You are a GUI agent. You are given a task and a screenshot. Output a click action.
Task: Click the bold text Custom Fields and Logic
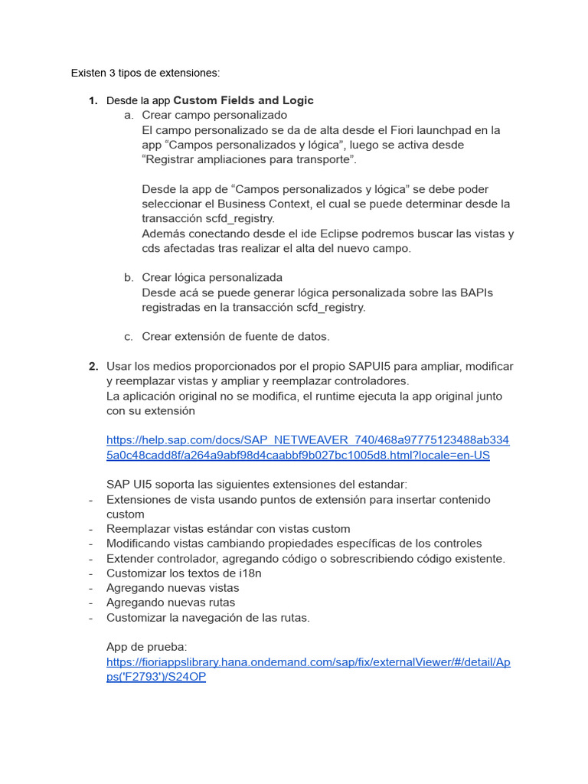click(x=243, y=100)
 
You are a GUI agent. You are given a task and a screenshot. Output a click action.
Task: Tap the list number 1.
click(x=93, y=101)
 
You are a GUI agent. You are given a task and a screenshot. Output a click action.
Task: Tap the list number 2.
click(x=93, y=367)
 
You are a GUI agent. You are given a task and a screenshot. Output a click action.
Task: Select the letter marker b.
click(x=128, y=278)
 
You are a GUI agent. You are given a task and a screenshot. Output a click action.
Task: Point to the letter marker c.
click(x=128, y=337)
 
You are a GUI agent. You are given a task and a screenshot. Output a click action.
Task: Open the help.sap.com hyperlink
click(x=307, y=448)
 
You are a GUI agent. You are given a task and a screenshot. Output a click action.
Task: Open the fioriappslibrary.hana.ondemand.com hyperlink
click(x=308, y=669)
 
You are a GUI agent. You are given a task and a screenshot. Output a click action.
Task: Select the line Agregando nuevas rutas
click(x=171, y=603)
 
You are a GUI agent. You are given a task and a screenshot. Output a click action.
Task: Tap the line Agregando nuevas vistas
click(x=172, y=588)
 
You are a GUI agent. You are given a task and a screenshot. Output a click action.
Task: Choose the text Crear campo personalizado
click(x=214, y=116)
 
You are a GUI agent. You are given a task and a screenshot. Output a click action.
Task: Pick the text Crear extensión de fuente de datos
click(x=236, y=337)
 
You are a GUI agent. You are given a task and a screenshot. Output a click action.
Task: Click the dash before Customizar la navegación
click(x=91, y=618)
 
